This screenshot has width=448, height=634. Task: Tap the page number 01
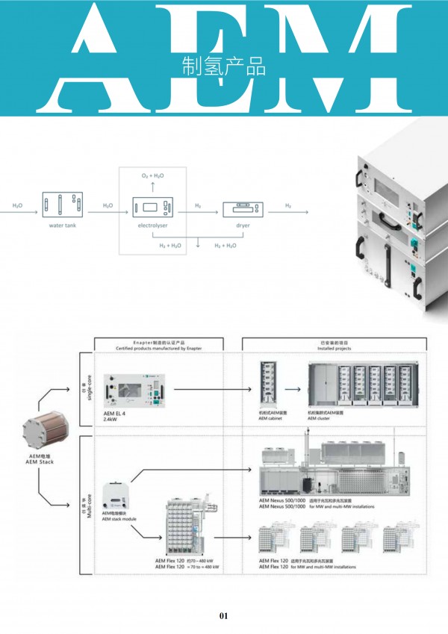click(223, 616)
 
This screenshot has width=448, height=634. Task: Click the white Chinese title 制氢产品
click(224, 66)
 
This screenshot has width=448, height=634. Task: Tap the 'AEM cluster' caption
click(320, 419)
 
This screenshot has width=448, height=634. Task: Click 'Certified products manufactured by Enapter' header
click(159, 347)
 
